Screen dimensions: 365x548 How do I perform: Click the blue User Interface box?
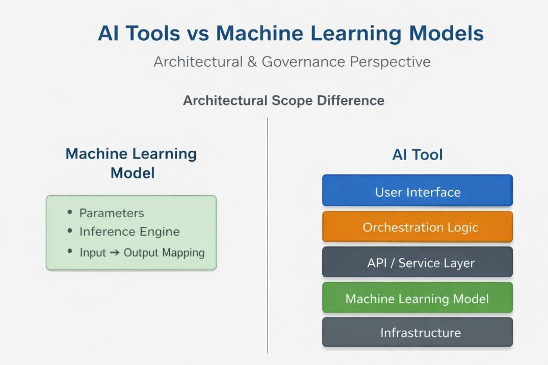point(417,192)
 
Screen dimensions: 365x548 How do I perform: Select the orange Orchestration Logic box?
point(417,227)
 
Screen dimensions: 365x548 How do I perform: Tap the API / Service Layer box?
point(417,263)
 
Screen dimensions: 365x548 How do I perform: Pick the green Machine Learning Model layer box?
point(417,298)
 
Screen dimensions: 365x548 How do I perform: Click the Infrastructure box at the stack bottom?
point(417,333)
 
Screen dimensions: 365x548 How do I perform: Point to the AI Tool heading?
point(417,154)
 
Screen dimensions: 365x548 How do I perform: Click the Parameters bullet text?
point(112,213)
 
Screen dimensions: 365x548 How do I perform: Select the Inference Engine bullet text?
point(129,232)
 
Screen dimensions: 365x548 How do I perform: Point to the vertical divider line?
point(268,234)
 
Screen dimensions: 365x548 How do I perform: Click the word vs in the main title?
point(198,34)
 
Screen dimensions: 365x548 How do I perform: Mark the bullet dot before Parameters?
point(70,212)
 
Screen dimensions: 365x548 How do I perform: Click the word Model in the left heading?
point(133,173)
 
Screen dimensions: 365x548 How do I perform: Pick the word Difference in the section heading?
point(351,100)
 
